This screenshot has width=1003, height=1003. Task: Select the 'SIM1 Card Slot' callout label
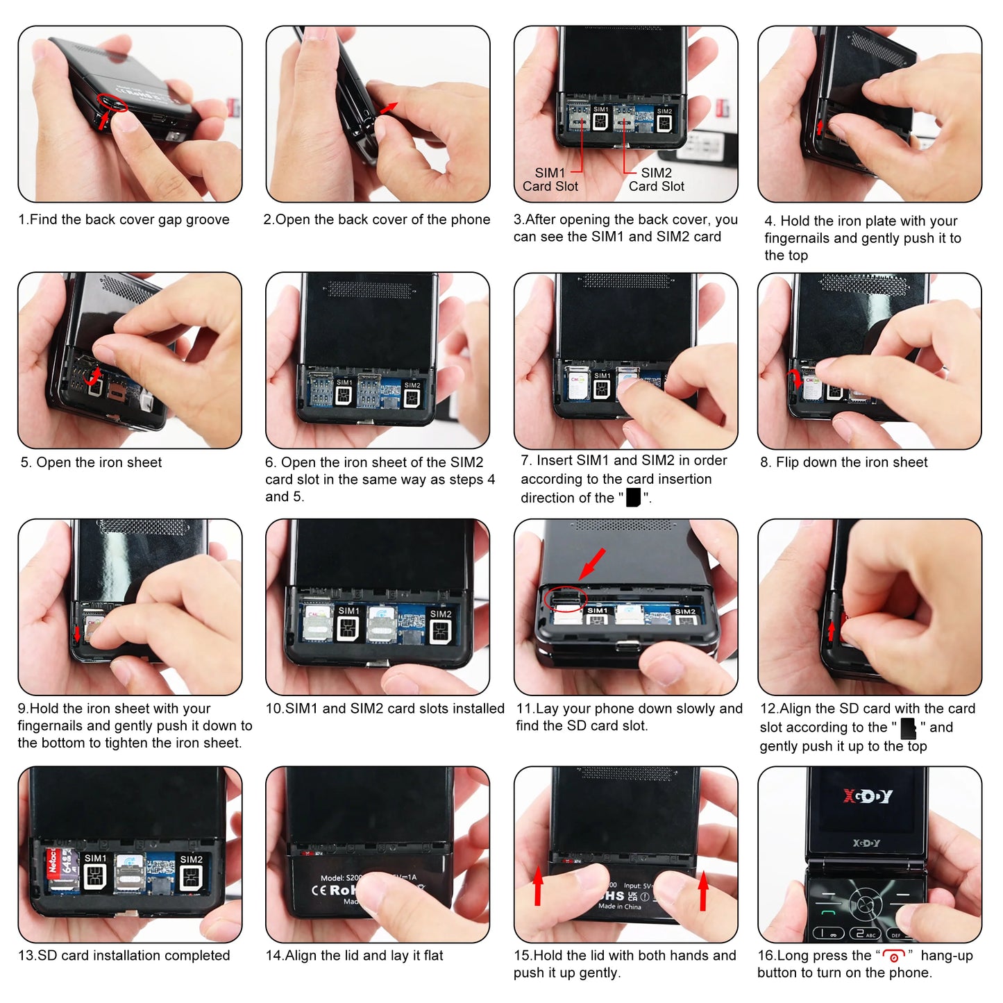pyautogui.click(x=550, y=180)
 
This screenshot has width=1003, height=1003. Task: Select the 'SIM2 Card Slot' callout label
pyautogui.click(x=657, y=180)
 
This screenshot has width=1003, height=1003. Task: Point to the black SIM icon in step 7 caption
pyautogui.click(x=633, y=498)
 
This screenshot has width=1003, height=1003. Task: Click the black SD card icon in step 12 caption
pyautogui.click(x=908, y=728)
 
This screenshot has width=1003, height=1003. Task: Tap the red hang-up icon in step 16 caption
pyautogui.click(x=894, y=956)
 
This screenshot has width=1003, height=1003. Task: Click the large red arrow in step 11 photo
pyautogui.click(x=593, y=563)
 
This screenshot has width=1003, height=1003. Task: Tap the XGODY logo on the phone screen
pyautogui.click(x=867, y=796)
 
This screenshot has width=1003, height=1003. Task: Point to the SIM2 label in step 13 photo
pyautogui.click(x=191, y=859)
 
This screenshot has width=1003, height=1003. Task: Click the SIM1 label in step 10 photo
pyautogui.click(x=348, y=611)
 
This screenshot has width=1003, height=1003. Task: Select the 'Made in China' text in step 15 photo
pyautogui.click(x=620, y=907)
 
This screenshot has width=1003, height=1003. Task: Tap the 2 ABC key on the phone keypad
pyautogui.click(x=865, y=934)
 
